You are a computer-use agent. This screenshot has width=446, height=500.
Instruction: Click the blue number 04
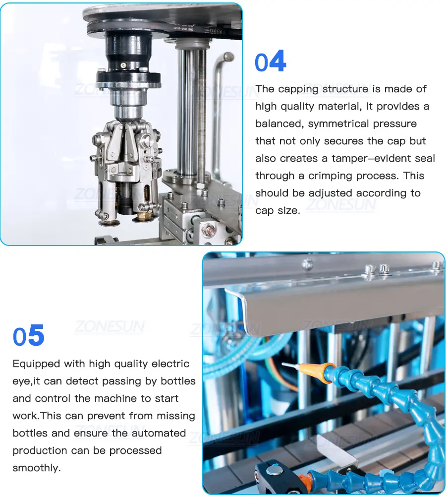click(271, 61)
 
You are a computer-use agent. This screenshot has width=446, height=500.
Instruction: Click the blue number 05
click(29, 335)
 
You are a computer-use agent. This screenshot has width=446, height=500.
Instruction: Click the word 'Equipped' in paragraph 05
click(36, 364)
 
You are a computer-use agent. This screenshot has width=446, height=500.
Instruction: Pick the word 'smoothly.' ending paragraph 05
click(36, 468)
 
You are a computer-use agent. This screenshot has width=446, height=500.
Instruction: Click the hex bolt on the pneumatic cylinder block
click(209, 229)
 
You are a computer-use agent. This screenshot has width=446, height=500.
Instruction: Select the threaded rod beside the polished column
click(201, 115)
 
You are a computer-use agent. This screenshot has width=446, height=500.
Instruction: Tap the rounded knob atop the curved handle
click(228, 57)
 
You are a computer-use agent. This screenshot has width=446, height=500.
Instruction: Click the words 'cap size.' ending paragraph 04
click(278, 211)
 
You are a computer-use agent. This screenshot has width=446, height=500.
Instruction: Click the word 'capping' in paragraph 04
click(298, 89)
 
